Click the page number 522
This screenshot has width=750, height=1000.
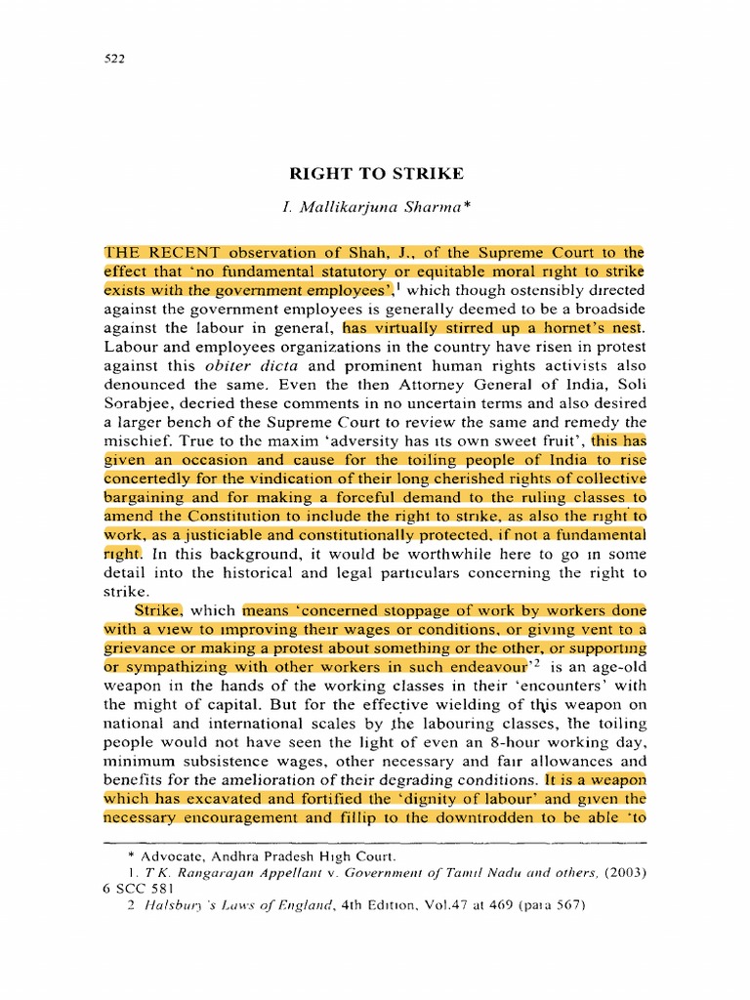tap(114, 58)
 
